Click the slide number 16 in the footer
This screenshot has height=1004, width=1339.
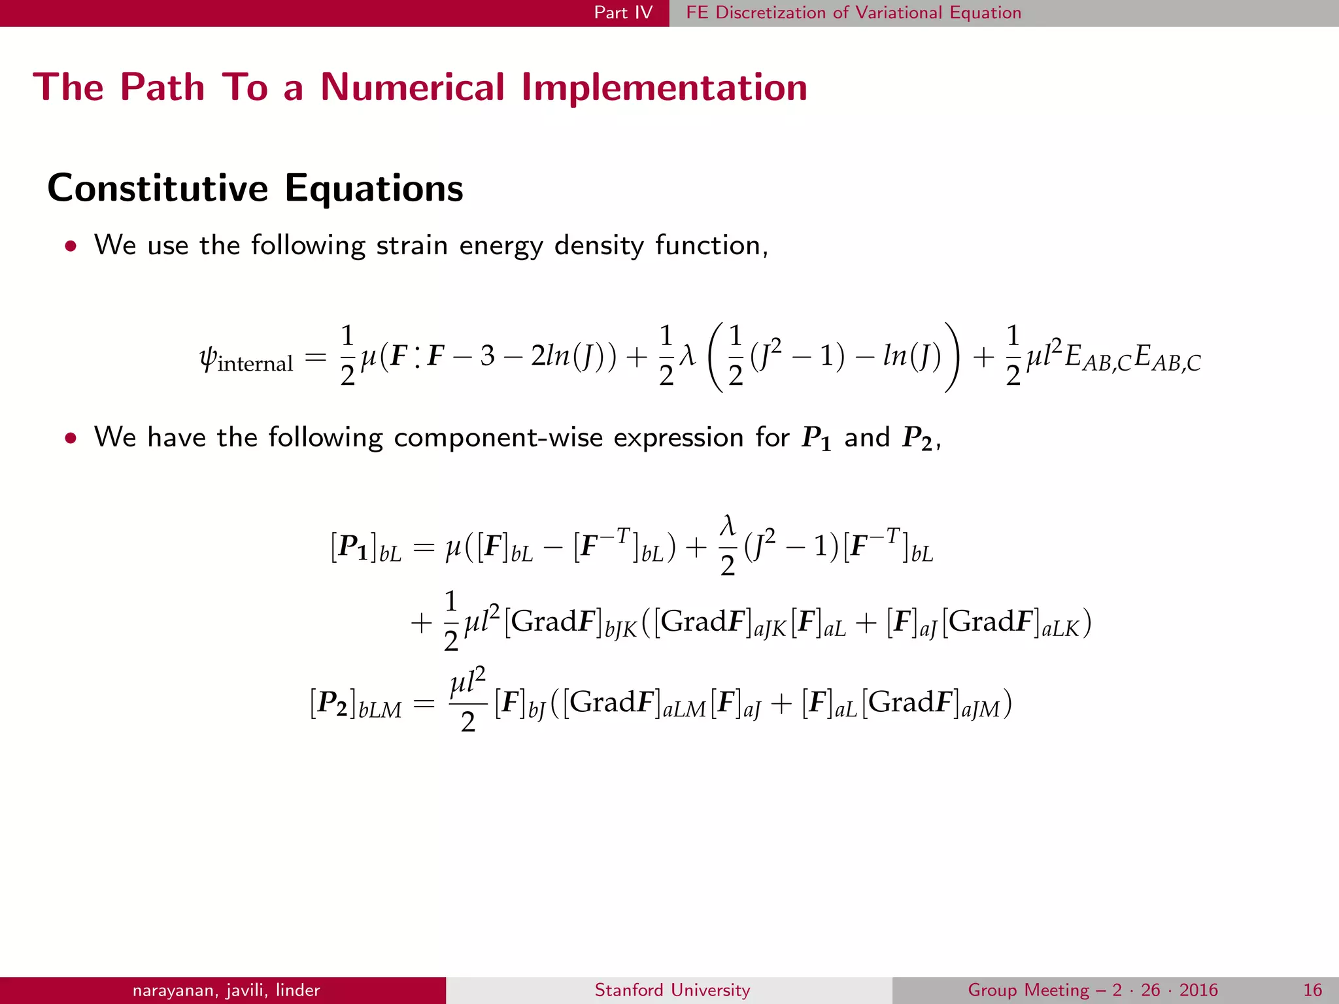[x=1312, y=990]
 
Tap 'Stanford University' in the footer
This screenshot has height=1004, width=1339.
[x=672, y=990]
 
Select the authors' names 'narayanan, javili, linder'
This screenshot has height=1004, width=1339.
[x=226, y=990]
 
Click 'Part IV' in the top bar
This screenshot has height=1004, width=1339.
[x=623, y=12]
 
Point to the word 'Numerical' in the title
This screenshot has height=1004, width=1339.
[x=413, y=87]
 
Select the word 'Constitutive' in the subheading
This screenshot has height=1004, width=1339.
[x=158, y=188]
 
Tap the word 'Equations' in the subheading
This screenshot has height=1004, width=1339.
[x=374, y=188]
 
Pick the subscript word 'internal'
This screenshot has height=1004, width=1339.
[x=255, y=364]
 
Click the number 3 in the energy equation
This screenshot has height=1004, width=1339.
[x=487, y=356]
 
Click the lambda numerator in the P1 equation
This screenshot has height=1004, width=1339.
[x=727, y=526]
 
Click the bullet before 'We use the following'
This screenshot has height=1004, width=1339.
[x=71, y=246]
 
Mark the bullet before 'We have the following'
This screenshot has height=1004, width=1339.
[x=71, y=438]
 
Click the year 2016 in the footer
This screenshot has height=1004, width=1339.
[x=1198, y=990]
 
